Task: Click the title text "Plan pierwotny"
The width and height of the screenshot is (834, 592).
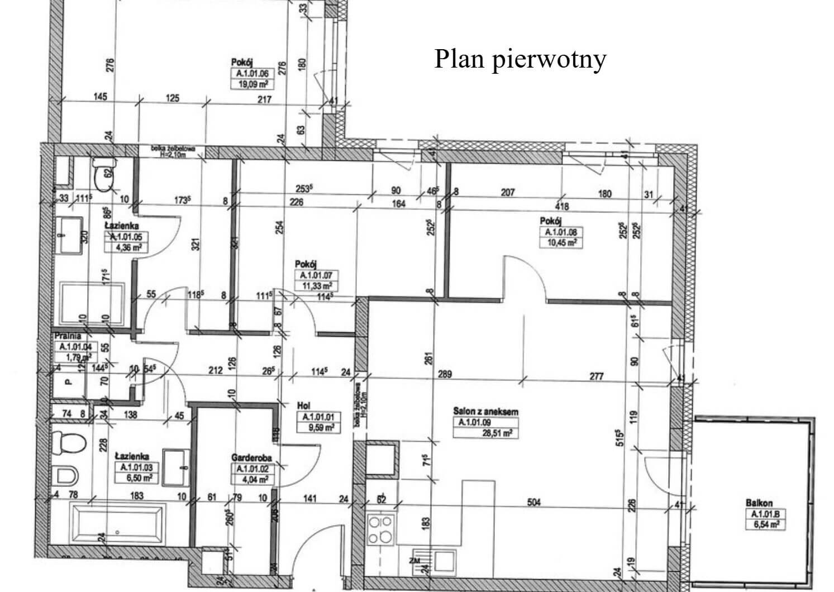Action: pos(520,59)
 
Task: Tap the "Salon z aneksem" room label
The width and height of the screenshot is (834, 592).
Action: pos(485,412)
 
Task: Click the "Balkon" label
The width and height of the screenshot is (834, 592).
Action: pos(759,503)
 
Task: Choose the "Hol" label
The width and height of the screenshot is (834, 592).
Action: pos(304,406)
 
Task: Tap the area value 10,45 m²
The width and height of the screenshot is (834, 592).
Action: pos(560,243)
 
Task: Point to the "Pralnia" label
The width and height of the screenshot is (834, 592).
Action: pos(68,336)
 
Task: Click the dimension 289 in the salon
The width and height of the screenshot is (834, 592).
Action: pos(445,375)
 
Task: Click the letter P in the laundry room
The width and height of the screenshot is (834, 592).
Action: pos(68,383)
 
